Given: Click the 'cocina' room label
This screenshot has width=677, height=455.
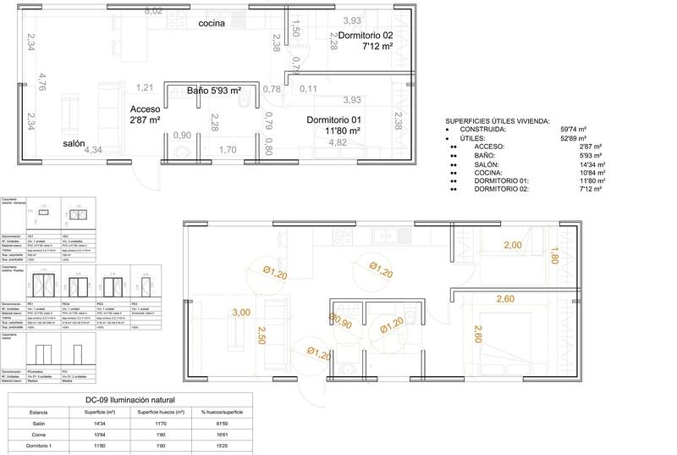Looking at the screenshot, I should tap(212, 23).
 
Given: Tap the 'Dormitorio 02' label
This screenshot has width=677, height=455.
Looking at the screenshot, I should tap(366, 35).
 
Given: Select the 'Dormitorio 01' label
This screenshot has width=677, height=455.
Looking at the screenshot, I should tap(333, 119).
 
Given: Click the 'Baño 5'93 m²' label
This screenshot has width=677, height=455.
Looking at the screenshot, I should tap(214, 90).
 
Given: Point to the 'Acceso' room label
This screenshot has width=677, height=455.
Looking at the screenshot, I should tap(146, 110).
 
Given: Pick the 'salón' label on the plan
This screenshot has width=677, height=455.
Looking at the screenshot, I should tap(74, 144).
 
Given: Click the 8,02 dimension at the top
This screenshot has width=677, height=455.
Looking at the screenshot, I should tap(154, 10).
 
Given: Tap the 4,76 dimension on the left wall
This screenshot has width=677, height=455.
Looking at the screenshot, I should tap(41, 81).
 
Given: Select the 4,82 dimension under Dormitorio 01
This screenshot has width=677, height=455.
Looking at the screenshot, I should tap(338, 142).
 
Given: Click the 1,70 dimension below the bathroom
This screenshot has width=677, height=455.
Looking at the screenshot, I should tap(228, 151).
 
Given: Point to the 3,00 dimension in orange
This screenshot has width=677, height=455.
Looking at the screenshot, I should tap(240, 313).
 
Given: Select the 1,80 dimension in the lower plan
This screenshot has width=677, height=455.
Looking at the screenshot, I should tap(555, 256).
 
